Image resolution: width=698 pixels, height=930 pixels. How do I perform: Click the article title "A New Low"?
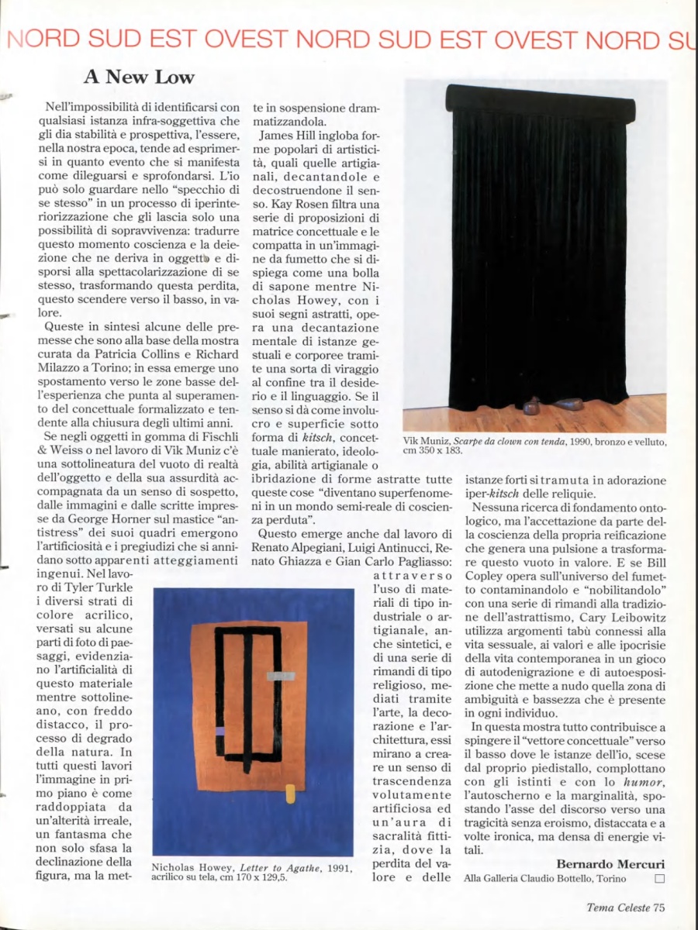coord(139,77)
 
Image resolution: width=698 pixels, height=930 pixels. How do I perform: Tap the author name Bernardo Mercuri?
coord(610,864)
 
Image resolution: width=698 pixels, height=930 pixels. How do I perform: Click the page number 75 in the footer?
coord(658,908)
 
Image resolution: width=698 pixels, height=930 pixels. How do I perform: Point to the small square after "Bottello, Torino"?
coord(660,878)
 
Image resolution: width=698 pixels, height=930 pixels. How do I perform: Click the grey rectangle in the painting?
coord(281,676)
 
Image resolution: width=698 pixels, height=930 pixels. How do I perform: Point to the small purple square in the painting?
coord(220,731)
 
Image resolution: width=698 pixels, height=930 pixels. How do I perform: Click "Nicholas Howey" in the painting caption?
coord(183,867)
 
